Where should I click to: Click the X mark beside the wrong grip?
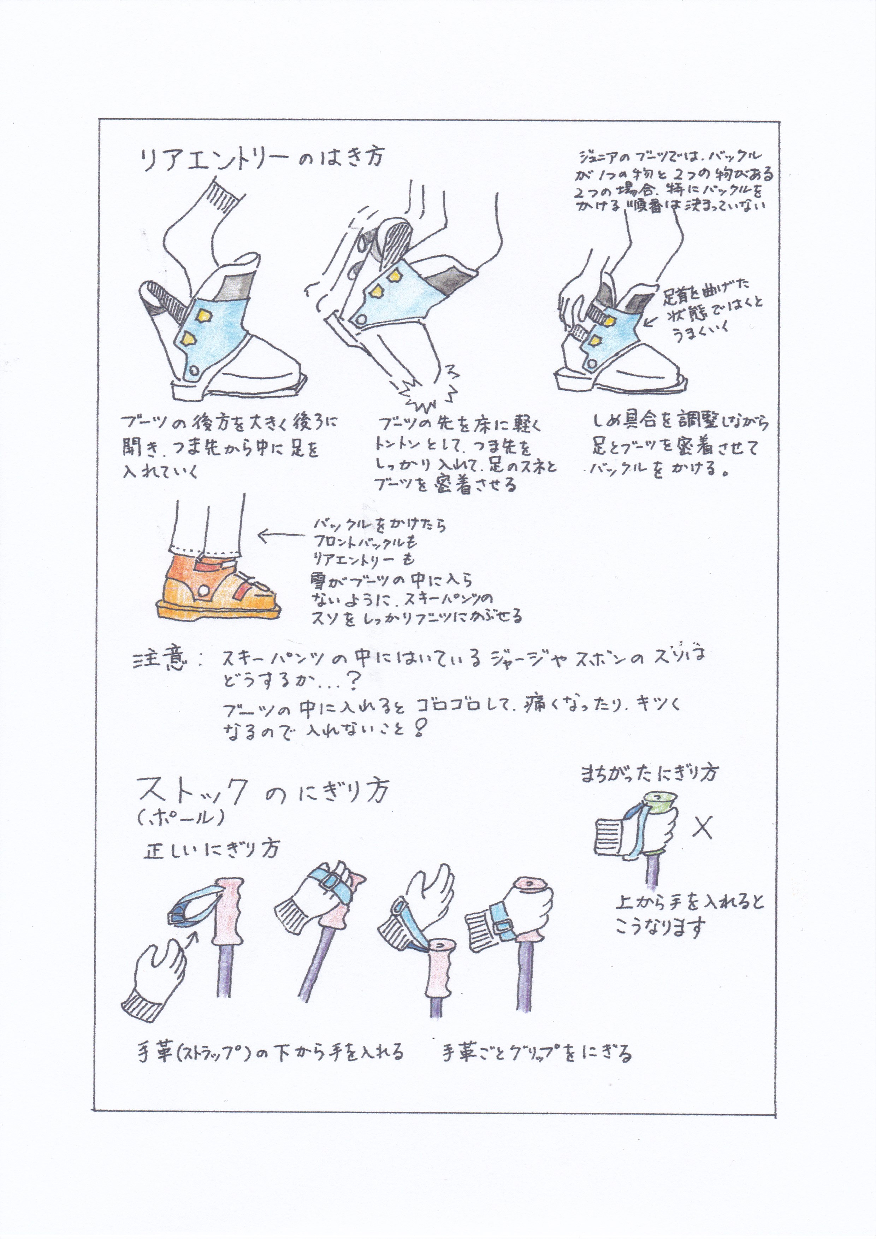(702, 827)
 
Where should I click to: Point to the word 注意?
(160, 660)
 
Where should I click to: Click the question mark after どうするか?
(351, 683)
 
